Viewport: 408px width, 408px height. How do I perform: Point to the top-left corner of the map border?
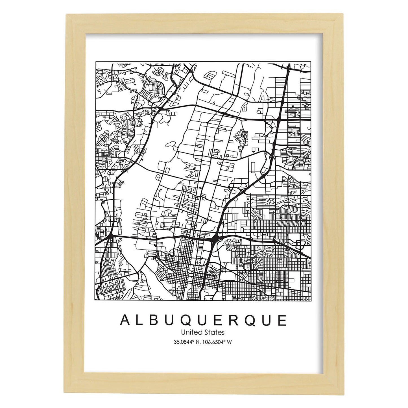(96, 62)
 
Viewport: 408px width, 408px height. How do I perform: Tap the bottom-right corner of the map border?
(311, 301)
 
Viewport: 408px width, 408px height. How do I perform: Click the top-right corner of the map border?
(311, 62)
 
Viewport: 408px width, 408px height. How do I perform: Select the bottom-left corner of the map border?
(96, 301)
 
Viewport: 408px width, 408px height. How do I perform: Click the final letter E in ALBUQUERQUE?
(282, 320)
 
